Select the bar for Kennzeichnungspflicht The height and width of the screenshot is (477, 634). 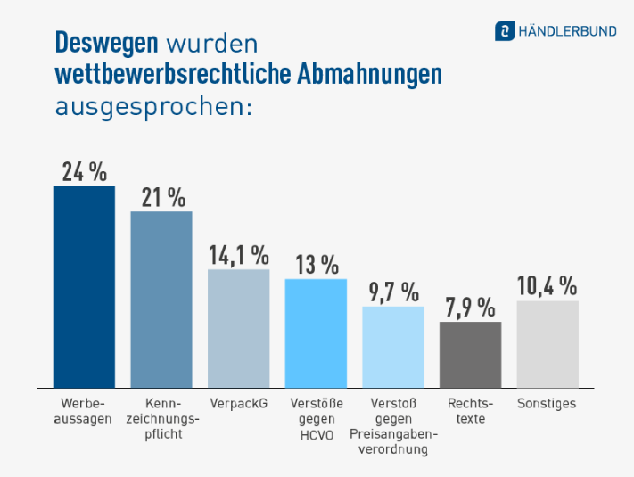click(x=161, y=300)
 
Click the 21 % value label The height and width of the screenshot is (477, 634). click(x=162, y=197)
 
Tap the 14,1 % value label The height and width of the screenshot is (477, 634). click(x=238, y=255)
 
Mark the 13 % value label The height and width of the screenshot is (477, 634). click(x=317, y=265)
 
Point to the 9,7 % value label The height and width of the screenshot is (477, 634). click(x=393, y=292)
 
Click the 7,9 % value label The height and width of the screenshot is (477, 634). click(x=470, y=308)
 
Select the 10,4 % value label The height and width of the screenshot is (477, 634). click(x=547, y=286)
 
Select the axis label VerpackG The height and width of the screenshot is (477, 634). click(x=238, y=404)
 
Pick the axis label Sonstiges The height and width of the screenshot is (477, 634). click(x=547, y=404)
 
